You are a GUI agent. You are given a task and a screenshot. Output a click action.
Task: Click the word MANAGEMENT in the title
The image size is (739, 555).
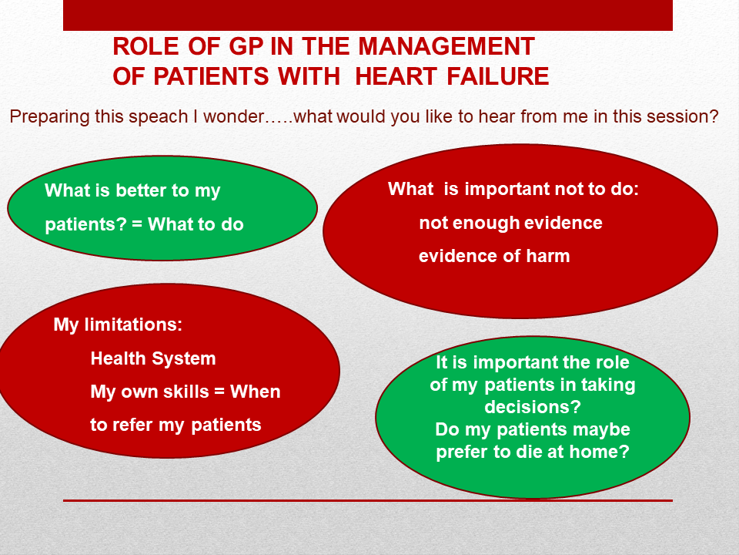coord(446,46)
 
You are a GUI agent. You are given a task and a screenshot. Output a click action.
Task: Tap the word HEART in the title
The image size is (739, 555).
coord(396,76)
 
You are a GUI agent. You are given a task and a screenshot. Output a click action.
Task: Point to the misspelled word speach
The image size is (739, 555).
coord(158,117)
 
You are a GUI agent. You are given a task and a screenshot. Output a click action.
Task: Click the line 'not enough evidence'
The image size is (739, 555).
coord(510,224)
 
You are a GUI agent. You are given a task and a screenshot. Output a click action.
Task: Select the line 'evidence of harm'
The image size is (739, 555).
coord(494,256)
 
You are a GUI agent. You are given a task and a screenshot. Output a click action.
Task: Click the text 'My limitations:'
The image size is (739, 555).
coord(118,325)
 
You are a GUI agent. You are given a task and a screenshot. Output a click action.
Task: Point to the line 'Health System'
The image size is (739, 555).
coord(152,358)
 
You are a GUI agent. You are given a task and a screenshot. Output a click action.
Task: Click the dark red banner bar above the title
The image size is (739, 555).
coord(368,15)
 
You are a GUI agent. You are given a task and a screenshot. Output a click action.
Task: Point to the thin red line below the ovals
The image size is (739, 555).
coord(368,500)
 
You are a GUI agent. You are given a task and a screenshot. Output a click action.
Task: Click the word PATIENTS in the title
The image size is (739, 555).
coord(211,76)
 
